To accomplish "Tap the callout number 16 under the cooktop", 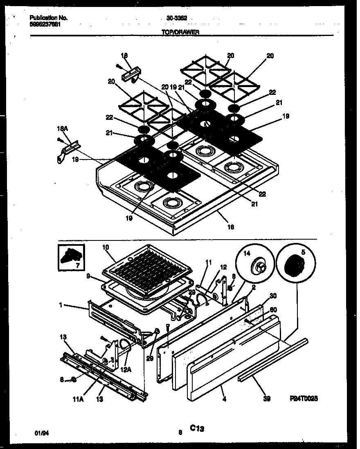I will tap(230, 227).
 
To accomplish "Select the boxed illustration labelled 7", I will tap(71, 258).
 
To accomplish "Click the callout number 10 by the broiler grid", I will tap(106, 247).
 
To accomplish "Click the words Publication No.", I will tap(49, 18).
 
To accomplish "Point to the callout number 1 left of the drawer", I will tap(61, 305).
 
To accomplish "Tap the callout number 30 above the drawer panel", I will tap(273, 296).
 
